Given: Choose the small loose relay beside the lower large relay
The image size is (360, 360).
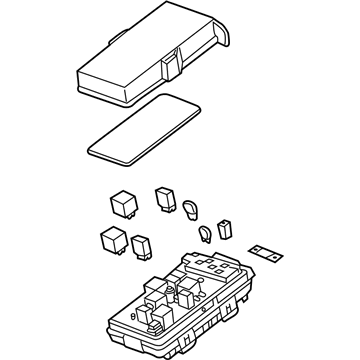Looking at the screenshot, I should [141, 243].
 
